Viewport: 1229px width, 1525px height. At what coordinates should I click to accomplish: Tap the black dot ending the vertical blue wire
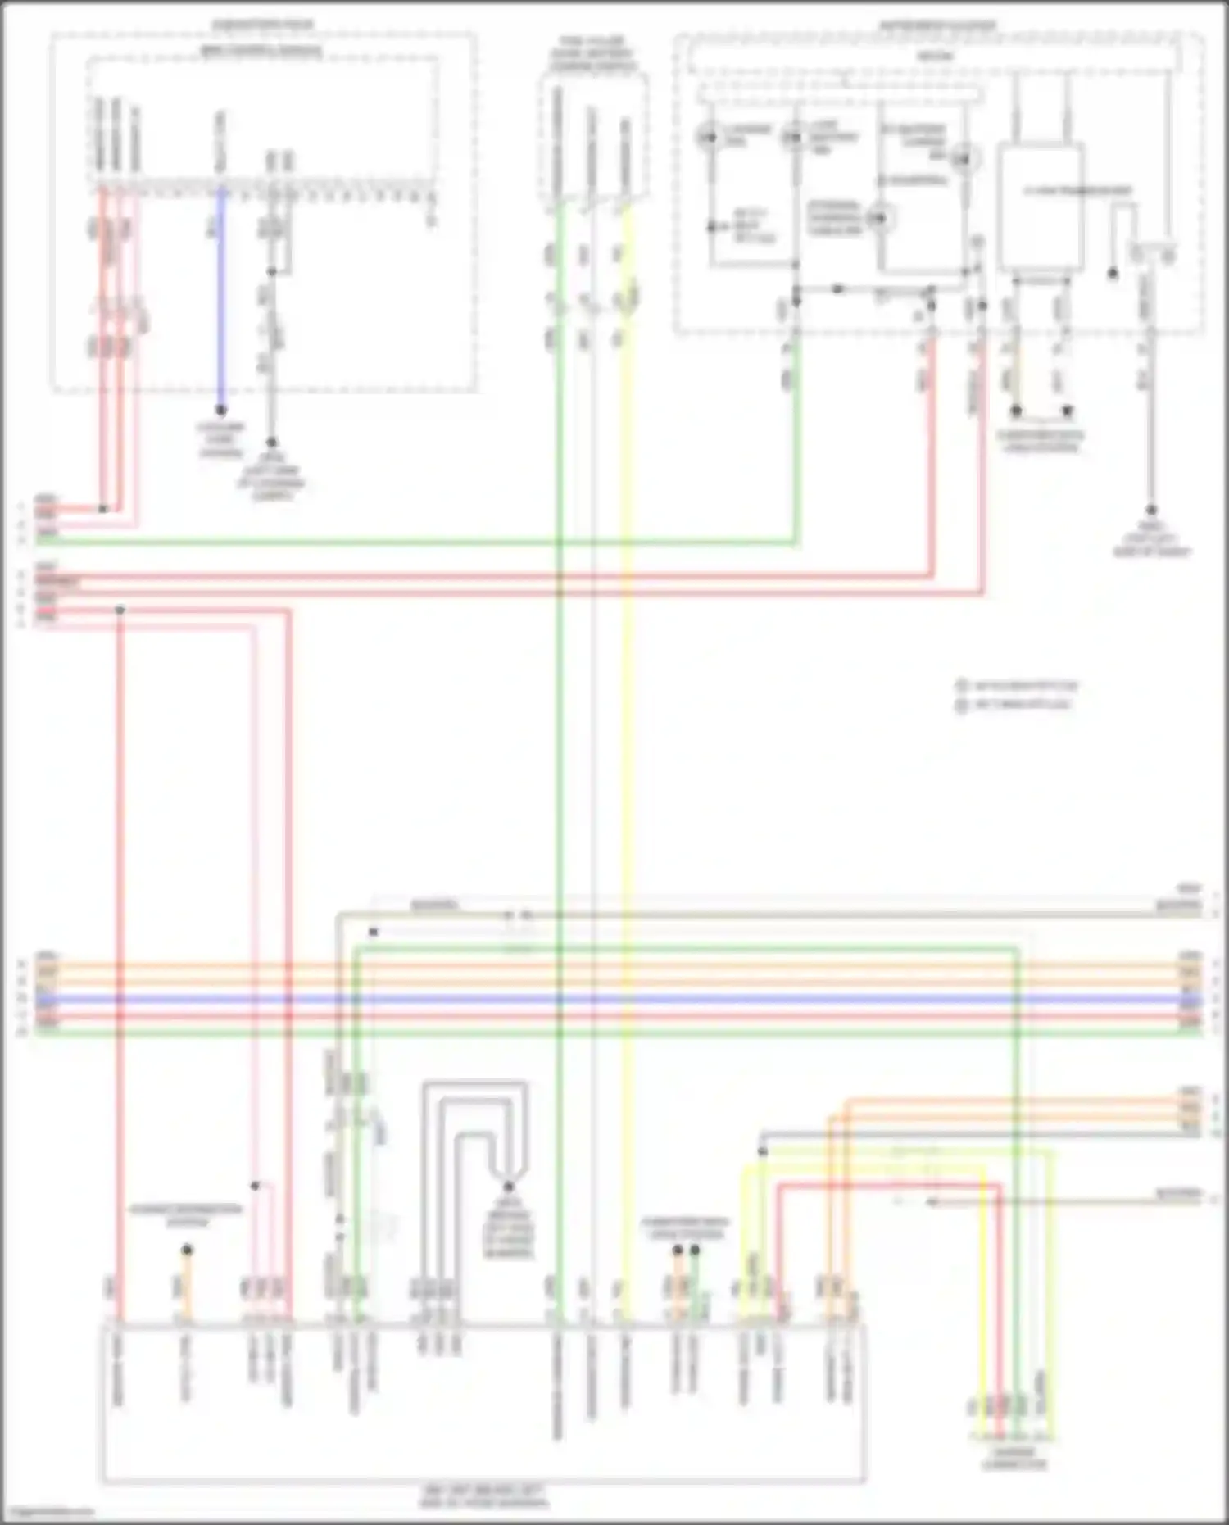pyautogui.click(x=220, y=410)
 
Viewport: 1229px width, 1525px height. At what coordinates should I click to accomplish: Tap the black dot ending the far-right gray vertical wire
pyautogui.click(x=1150, y=510)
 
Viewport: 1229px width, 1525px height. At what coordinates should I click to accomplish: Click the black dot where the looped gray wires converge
pyautogui.click(x=508, y=1187)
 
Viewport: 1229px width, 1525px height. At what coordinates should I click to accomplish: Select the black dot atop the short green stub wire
pyautogui.click(x=695, y=1250)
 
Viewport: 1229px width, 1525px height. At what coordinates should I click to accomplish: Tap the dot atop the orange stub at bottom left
pyautogui.click(x=187, y=1250)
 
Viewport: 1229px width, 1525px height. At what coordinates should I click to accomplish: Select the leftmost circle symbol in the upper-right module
pyautogui.click(x=710, y=137)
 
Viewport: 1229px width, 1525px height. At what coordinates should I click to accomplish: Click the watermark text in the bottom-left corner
pyautogui.click(x=48, y=1513)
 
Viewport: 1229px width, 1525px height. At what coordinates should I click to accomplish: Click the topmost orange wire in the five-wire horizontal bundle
pyautogui.click(x=614, y=965)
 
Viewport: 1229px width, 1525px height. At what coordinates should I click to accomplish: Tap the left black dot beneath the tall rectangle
pyautogui.click(x=1016, y=411)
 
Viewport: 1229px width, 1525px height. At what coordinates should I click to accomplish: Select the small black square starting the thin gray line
pyautogui.click(x=374, y=932)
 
